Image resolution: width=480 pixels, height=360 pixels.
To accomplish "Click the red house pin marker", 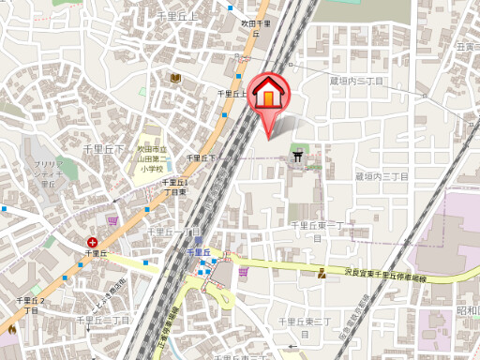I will pyautogui.click(x=268, y=94).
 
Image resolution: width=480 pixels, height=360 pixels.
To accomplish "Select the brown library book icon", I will pyautogui.click(x=175, y=77).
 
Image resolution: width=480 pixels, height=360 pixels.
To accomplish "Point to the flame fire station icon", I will pyautogui.click(x=11, y=329).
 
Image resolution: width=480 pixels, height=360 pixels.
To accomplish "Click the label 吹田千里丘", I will pyautogui.click(x=254, y=27).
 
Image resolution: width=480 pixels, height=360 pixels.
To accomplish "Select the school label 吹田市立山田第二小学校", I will pyautogui.click(x=151, y=159).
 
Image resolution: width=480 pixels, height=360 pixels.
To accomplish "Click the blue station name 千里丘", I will pyautogui.click(x=196, y=252).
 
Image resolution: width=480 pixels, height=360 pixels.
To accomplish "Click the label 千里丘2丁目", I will pyautogui.click(x=30, y=305).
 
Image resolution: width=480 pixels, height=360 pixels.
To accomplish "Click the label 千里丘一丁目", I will pyautogui.click(x=176, y=231).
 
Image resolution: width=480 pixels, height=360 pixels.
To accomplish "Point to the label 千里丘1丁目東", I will pyautogui.click(x=175, y=186).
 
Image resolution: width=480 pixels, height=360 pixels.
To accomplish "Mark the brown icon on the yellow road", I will pyautogui.click(x=322, y=274).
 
